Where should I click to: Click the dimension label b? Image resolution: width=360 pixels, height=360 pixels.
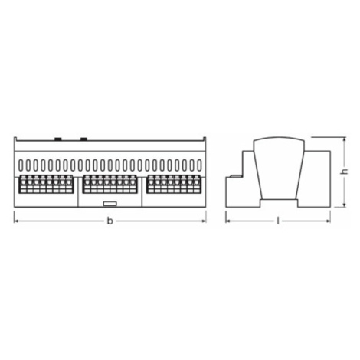tap(110, 221)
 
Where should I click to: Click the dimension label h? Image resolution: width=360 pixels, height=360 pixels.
tap(345, 172)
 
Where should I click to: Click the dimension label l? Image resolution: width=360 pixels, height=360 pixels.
tap(278, 221)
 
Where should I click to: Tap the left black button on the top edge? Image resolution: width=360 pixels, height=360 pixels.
tap(58, 139)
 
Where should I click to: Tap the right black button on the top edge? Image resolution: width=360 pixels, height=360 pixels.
tap(84, 139)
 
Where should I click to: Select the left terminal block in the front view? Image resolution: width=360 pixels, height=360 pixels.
tap(46, 184)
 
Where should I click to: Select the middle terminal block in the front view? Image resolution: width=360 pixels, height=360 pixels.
tap(110, 184)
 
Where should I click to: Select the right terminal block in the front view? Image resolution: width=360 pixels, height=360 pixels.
tap(174, 184)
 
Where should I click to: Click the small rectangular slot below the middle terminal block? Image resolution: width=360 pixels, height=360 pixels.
tap(110, 204)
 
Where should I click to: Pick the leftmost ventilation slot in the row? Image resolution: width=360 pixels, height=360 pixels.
tap(21, 165)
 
